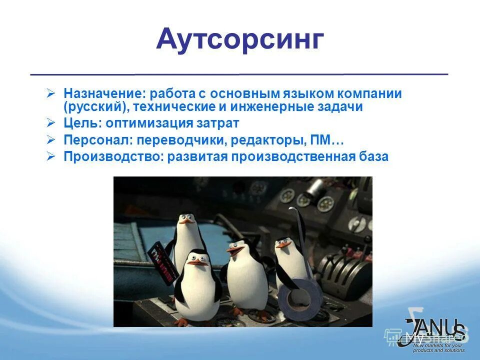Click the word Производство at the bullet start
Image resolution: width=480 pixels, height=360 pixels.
tap(110, 156)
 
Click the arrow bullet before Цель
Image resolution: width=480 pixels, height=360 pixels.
tap(50, 122)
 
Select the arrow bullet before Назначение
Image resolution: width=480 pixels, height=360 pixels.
tap(50, 93)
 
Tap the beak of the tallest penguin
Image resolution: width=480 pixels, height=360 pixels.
tap(187, 220)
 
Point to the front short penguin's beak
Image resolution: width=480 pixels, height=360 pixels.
tap(200, 261)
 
